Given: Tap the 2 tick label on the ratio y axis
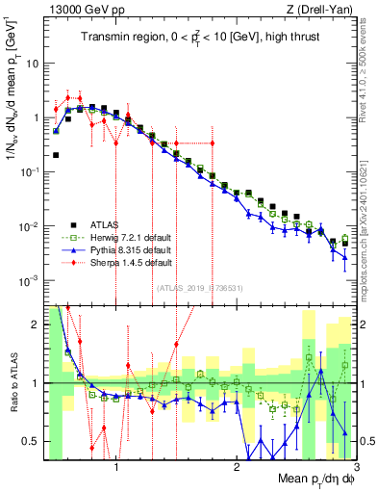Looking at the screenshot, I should [x=36, y=324].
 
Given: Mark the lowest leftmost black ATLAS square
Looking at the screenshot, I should [x=56, y=154].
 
